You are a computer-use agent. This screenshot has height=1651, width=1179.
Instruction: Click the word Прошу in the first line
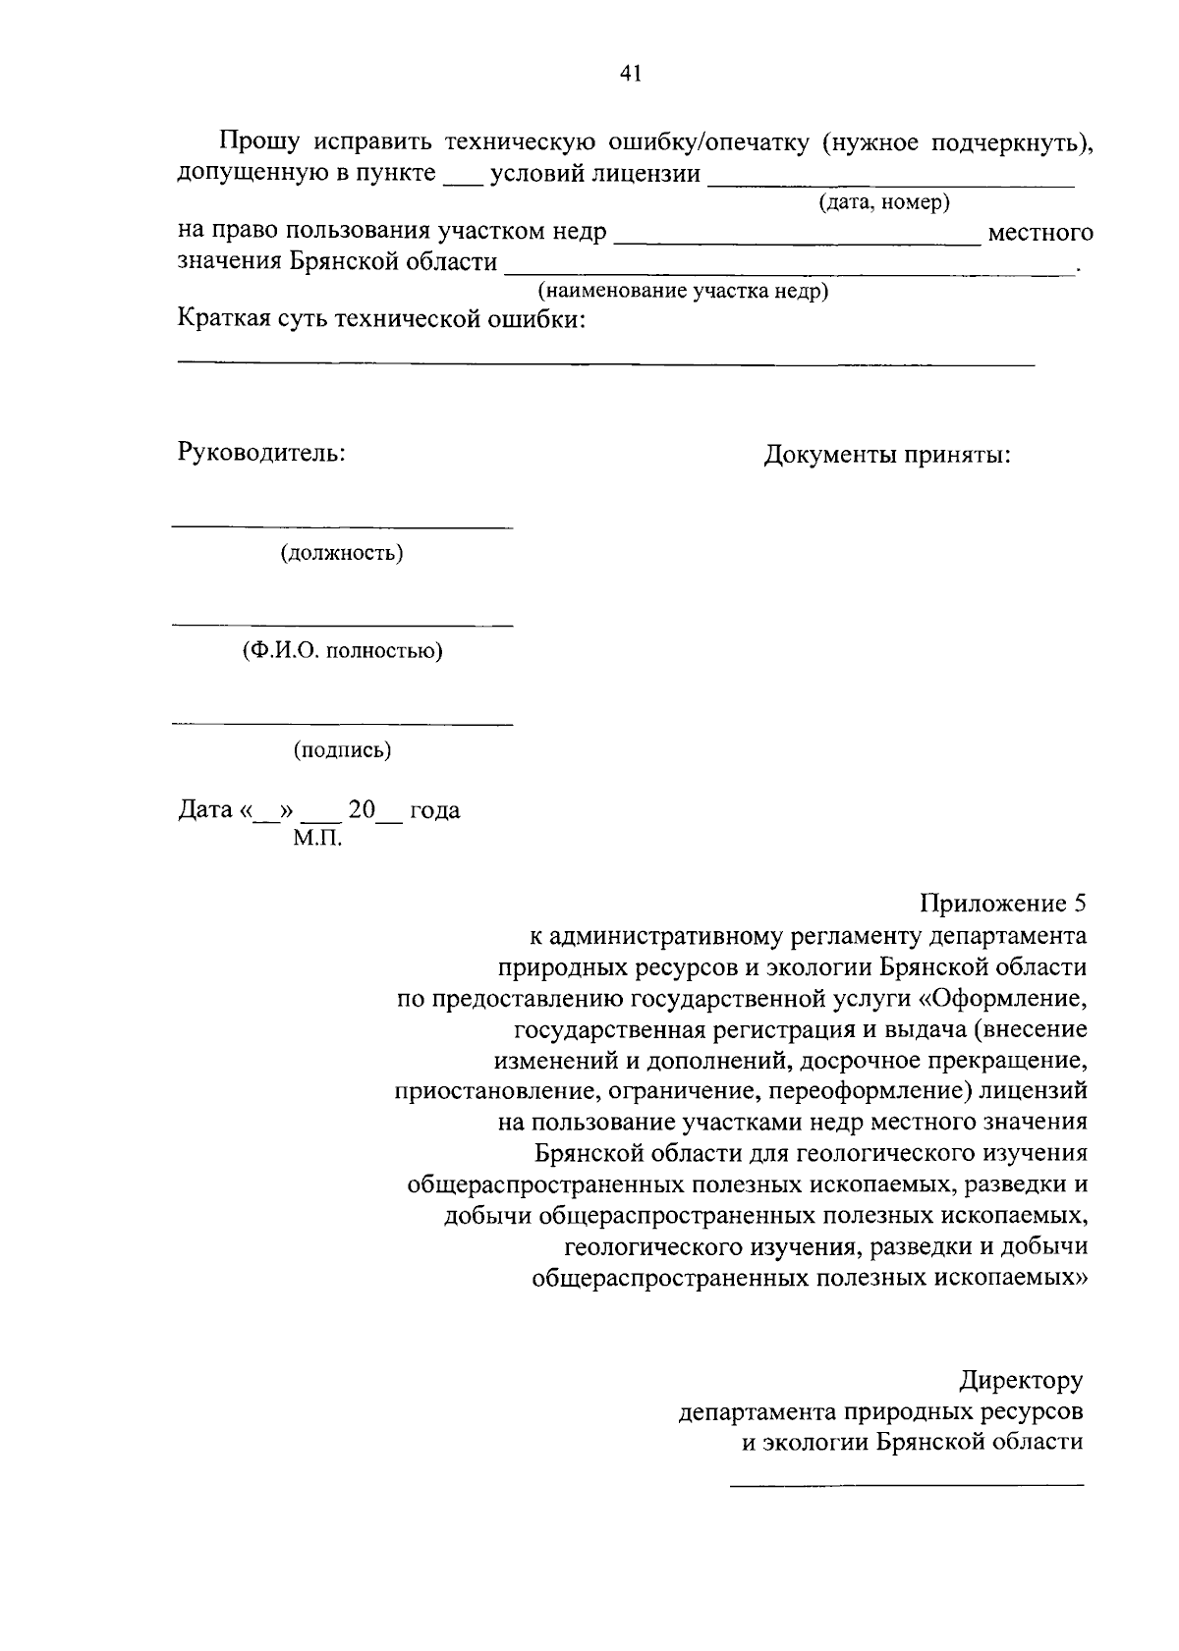pyautogui.click(x=259, y=142)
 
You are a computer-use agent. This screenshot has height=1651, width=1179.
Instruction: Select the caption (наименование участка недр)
pyautogui.click(x=682, y=292)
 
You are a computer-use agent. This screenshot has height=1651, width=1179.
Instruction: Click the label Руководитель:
pyautogui.click(x=260, y=453)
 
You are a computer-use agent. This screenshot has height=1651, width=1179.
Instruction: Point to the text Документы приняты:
pyautogui.click(x=887, y=456)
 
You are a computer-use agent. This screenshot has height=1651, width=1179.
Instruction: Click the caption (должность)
pyautogui.click(x=342, y=553)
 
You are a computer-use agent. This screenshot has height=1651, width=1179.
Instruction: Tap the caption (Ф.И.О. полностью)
pyautogui.click(x=342, y=651)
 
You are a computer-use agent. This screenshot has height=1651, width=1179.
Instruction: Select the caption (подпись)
pyautogui.click(x=342, y=750)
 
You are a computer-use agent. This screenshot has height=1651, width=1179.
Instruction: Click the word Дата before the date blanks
pyautogui.click(x=205, y=810)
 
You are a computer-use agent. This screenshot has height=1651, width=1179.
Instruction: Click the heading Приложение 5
pyautogui.click(x=1002, y=903)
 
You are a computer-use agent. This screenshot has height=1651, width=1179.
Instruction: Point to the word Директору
pyautogui.click(x=1021, y=1380)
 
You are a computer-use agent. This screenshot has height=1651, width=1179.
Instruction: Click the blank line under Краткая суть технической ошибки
pyautogui.click(x=605, y=364)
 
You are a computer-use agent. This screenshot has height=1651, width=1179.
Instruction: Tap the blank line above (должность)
pyautogui.click(x=342, y=528)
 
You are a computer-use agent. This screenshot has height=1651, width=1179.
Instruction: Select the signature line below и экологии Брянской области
pyautogui.click(x=906, y=1484)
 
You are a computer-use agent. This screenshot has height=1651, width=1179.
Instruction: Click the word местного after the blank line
pyautogui.click(x=1039, y=233)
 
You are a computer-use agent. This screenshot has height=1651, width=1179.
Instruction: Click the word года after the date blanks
pyautogui.click(x=434, y=810)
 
